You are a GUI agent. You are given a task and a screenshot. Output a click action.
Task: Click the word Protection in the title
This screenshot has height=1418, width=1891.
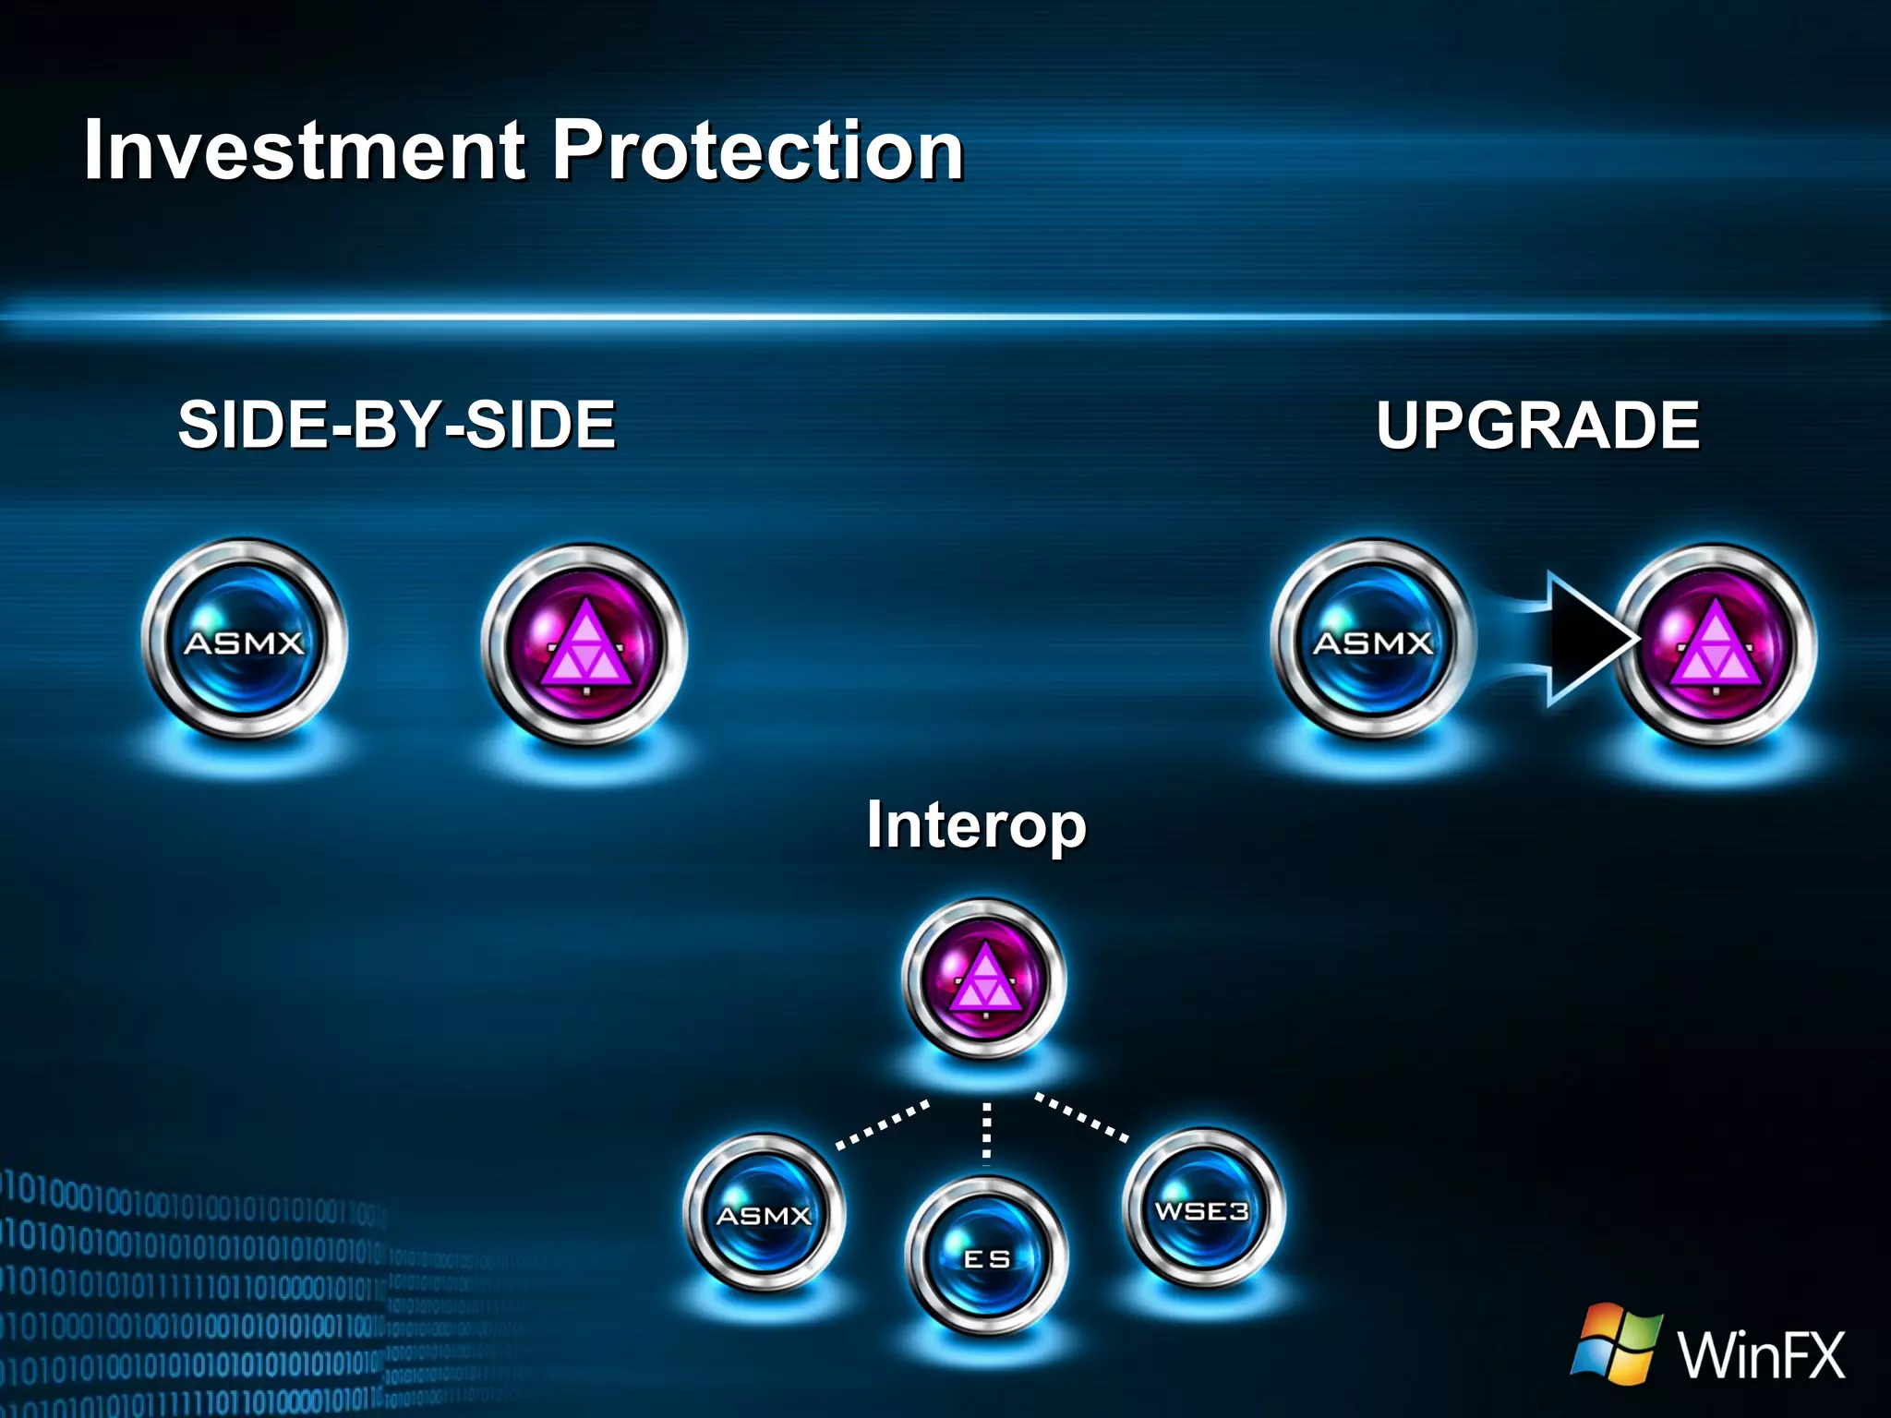[x=757, y=150]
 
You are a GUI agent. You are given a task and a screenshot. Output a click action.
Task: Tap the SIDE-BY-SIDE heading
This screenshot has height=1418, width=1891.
[x=397, y=425]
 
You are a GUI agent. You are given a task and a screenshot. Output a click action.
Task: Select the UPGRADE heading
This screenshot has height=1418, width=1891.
[x=1537, y=425]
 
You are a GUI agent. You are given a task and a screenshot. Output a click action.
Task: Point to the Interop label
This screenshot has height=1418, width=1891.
[x=976, y=824]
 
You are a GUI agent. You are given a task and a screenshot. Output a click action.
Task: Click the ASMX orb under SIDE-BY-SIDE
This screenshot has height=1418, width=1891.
[x=245, y=641]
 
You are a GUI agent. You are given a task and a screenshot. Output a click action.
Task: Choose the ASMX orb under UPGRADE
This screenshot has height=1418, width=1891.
[x=1373, y=641]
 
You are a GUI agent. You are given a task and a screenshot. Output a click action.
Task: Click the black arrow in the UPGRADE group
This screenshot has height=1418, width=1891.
[x=1584, y=638]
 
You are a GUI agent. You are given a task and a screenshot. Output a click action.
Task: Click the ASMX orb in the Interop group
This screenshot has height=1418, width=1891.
[x=764, y=1213]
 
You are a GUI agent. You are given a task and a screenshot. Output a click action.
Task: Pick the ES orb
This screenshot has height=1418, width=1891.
[x=986, y=1256]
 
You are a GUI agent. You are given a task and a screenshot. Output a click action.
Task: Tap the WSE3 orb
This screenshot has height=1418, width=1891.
[x=1202, y=1208]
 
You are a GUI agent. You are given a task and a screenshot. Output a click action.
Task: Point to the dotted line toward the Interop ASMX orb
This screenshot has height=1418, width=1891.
[x=883, y=1124]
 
